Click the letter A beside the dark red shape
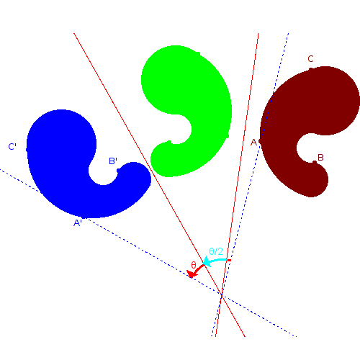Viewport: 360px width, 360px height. point(253,143)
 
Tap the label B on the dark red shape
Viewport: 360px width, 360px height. point(320,158)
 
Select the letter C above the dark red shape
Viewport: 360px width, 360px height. point(310,59)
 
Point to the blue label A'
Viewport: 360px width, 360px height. point(78,223)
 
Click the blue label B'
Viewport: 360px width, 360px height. point(113,161)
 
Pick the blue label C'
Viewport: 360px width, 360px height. point(12,146)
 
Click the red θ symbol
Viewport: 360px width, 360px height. point(194,265)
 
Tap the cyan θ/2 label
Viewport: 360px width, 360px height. point(216,251)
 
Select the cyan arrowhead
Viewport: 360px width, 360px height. point(207,261)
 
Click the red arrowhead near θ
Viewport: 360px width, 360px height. point(192,274)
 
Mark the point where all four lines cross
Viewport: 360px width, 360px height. point(222,294)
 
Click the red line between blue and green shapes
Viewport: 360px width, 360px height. point(159,185)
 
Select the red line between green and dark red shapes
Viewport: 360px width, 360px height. point(237,185)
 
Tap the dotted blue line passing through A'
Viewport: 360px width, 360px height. point(148,253)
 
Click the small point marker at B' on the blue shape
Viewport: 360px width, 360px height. point(118,171)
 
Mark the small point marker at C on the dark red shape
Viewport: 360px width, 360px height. point(311,69)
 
